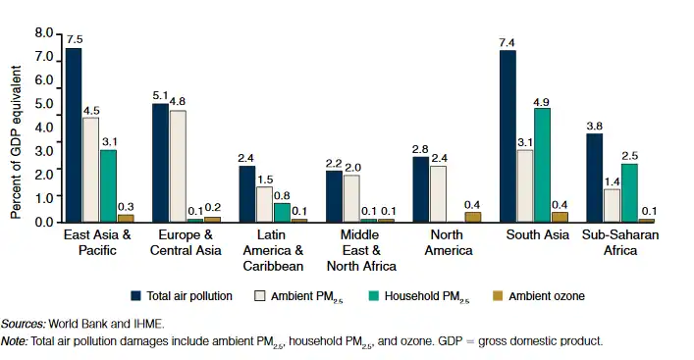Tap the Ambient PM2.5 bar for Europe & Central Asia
(178, 166)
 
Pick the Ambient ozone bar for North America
(473, 218)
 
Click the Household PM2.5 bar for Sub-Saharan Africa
(629, 193)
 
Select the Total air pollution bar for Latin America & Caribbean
(247, 194)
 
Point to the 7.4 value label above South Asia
(507, 40)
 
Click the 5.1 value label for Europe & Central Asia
(160, 94)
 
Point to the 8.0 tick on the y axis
(44, 33)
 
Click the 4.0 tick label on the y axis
(44, 128)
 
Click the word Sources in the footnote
(21, 323)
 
